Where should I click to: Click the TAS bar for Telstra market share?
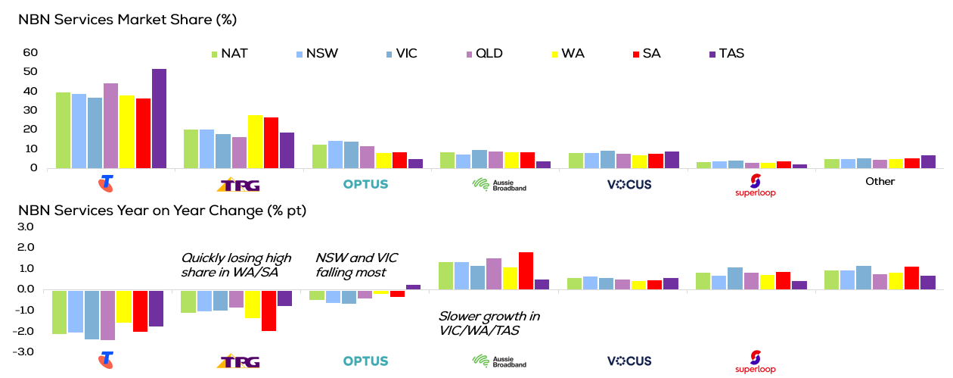coord(159,118)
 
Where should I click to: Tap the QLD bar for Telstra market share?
coord(110,126)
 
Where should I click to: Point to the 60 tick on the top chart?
coord(30,52)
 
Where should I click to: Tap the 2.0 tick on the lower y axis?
coord(26,248)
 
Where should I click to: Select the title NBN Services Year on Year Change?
coord(163,210)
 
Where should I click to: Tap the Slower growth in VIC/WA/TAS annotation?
coord(489,323)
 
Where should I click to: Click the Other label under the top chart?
coord(880,182)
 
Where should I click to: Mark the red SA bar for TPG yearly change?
coord(268,310)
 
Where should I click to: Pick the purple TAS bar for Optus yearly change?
coord(413,287)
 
